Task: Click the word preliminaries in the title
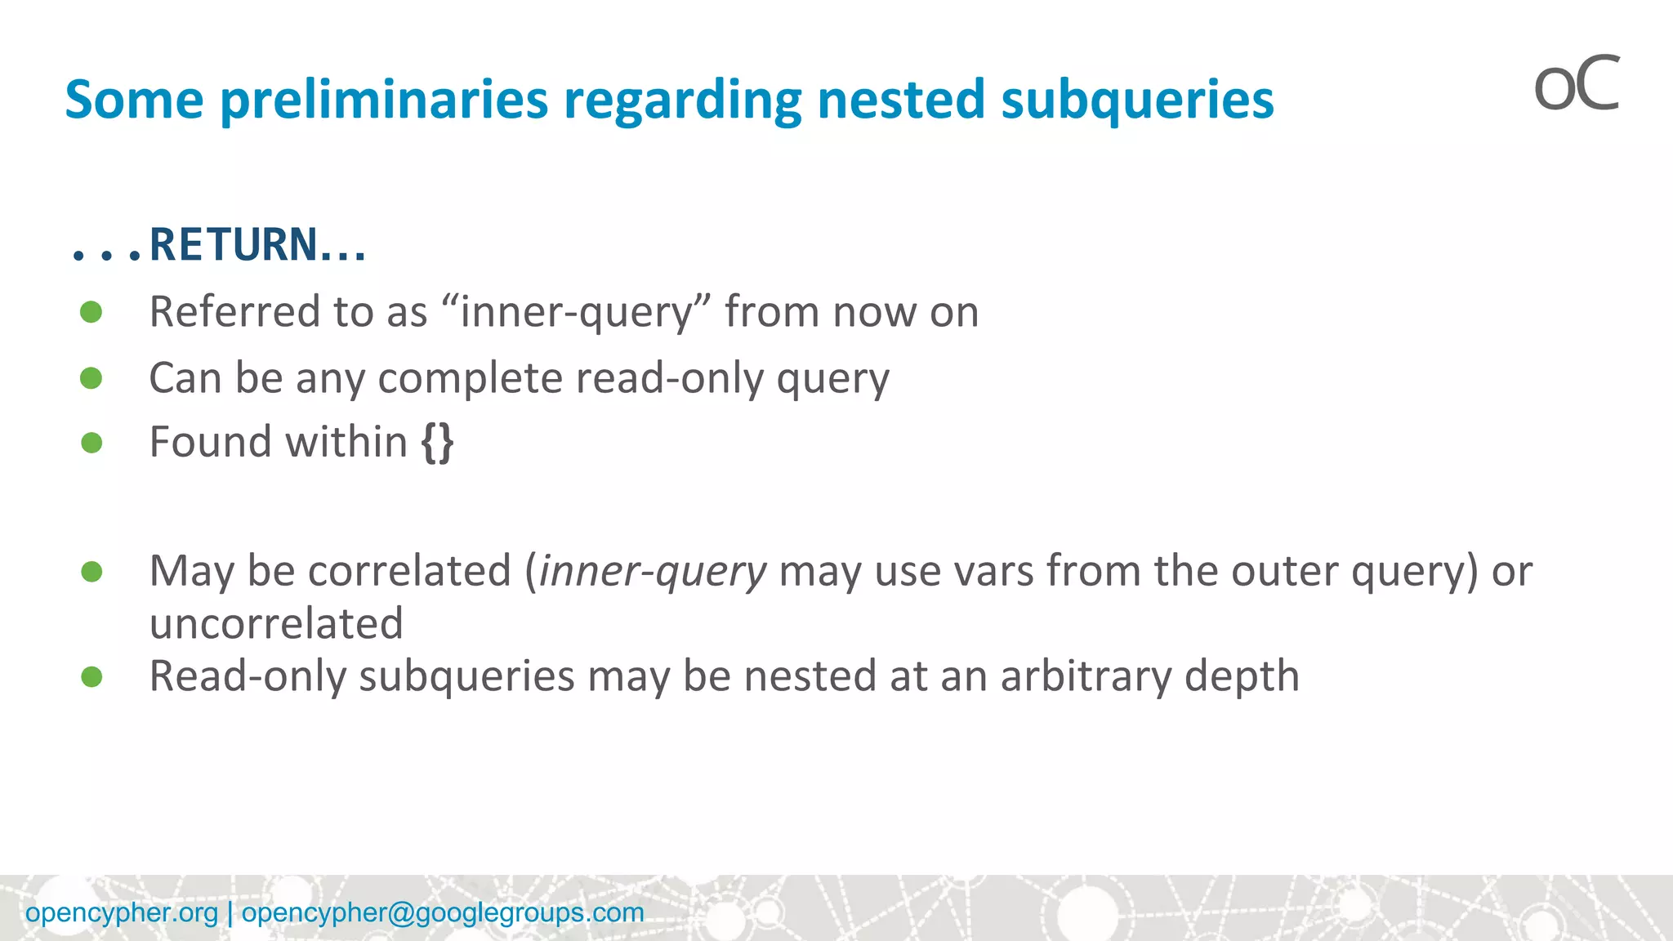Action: (x=384, y=100)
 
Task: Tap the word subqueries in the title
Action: (x=1137, y=100)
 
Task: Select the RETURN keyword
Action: (x=234, y=245)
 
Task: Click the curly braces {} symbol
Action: (x=437, y=443)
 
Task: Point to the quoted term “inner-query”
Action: (x=577, y=312)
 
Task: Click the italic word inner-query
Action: (x=653, y=570)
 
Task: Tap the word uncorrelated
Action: (x=276, y=623)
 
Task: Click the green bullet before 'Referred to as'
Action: (x=91, y=312)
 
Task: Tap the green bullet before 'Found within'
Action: (x=91, y=443)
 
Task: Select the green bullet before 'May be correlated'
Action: (x=91, y=571)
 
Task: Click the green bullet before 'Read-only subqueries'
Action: (x=91, y=676)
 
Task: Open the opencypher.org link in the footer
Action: (x=122, y=912)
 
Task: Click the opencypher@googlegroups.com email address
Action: (x=443, y=912)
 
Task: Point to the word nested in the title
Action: (x=901, y=100)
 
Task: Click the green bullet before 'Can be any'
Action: (x=91, y=378)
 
